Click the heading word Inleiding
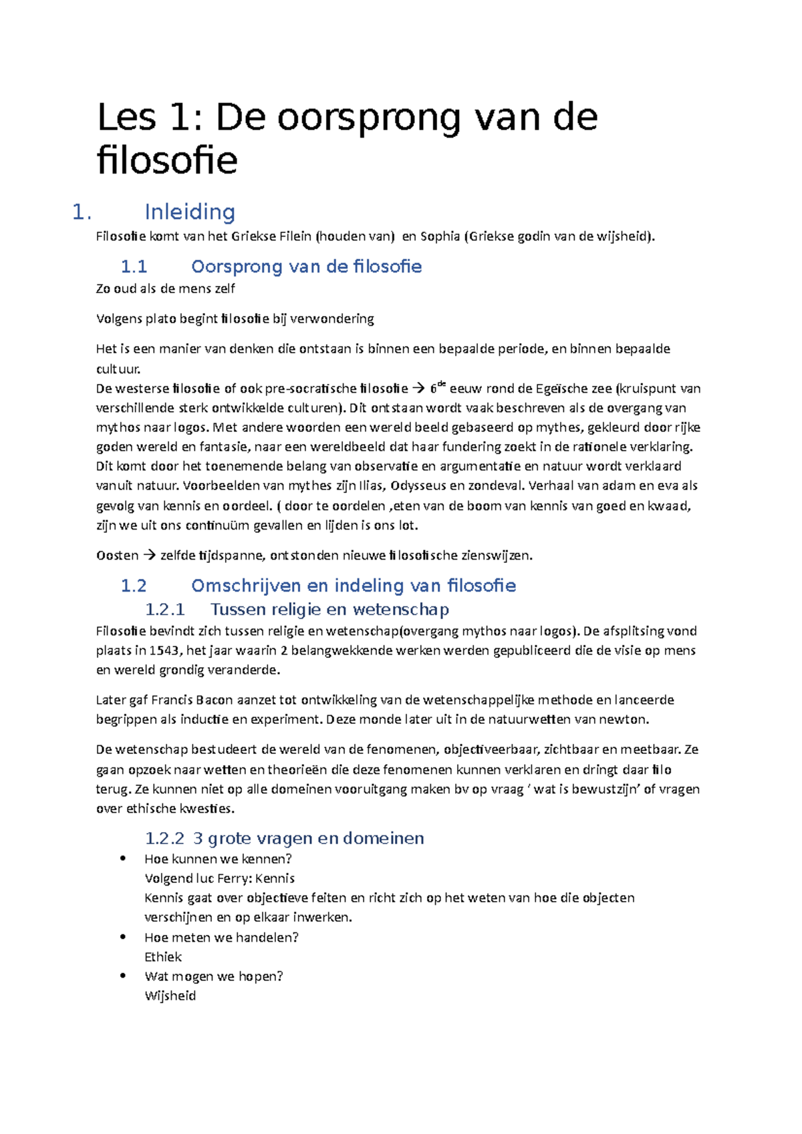click(x=190, y=212)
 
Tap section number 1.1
click(x=134, y=266)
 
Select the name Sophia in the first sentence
click(x=440, y=236)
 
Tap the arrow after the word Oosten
click(x=149, y=555)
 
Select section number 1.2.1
click(x=164, y=609)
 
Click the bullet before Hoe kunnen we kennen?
click(x=122, y=859)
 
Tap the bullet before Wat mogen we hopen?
click(x=122, y=976)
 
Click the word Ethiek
click(x=163, y=956)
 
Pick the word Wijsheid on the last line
click(x=170, y=996)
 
